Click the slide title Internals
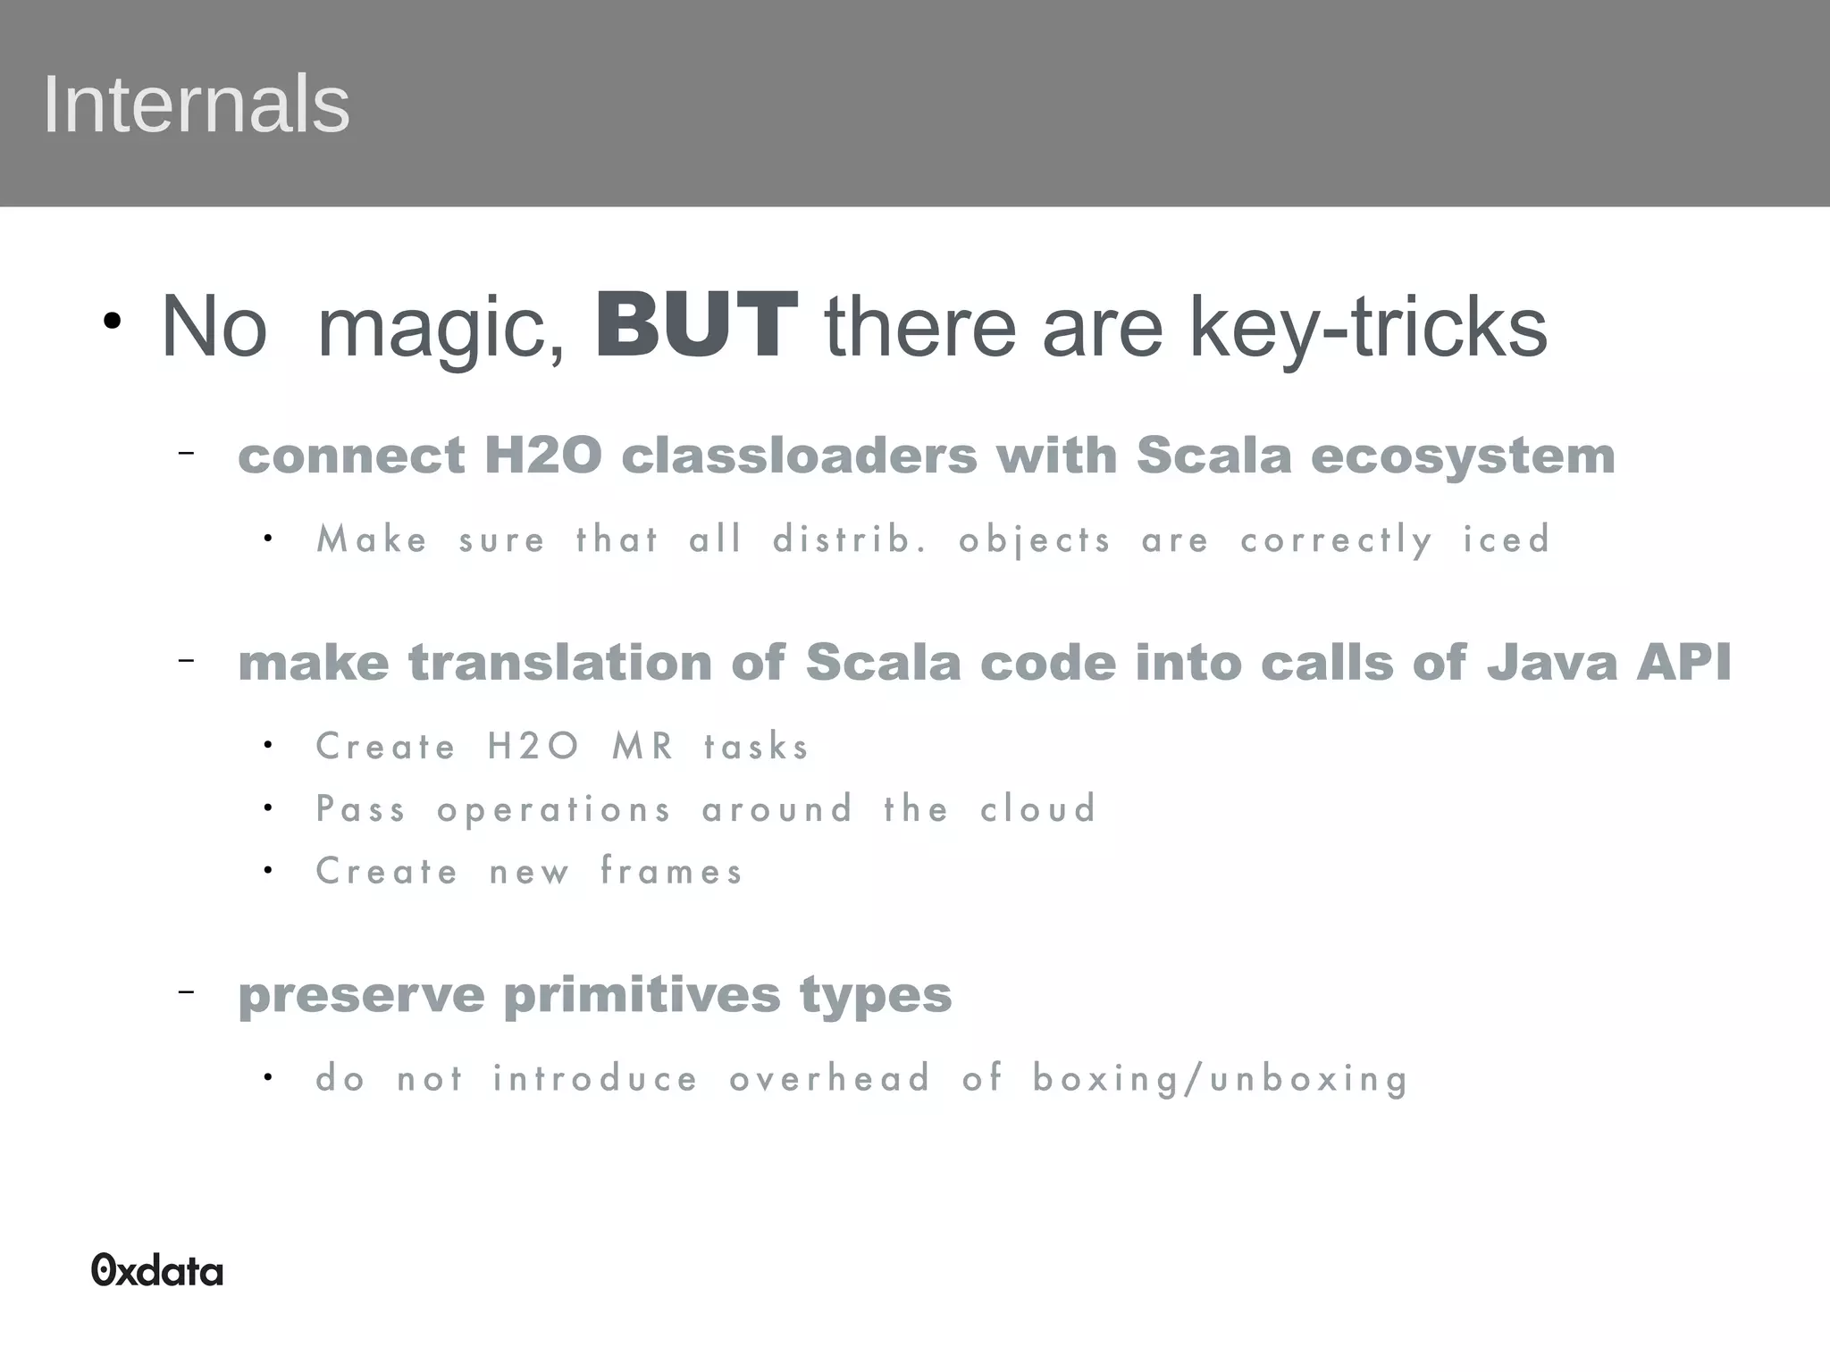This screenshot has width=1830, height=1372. coord(196,105)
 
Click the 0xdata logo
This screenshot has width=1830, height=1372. coord(157,1270)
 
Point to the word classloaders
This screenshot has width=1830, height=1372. coord(799,456)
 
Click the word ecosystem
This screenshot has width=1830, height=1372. coord(1463,457)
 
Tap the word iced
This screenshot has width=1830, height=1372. coord(1507,540)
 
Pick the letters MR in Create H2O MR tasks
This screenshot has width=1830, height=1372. coord(643,746)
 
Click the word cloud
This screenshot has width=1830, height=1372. coord(1037,809)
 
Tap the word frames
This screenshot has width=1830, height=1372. coord(671,871)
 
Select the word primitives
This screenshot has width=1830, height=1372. coord(642,995)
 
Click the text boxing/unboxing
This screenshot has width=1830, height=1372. coord(1221,1079)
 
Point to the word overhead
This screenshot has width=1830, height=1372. coord(830,1078)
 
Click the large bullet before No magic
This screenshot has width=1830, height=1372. coord(111,322)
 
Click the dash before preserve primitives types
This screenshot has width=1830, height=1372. coord(186,991)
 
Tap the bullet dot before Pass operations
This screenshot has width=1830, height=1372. coord(268,807)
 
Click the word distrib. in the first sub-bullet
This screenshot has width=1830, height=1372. coord(850,540)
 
